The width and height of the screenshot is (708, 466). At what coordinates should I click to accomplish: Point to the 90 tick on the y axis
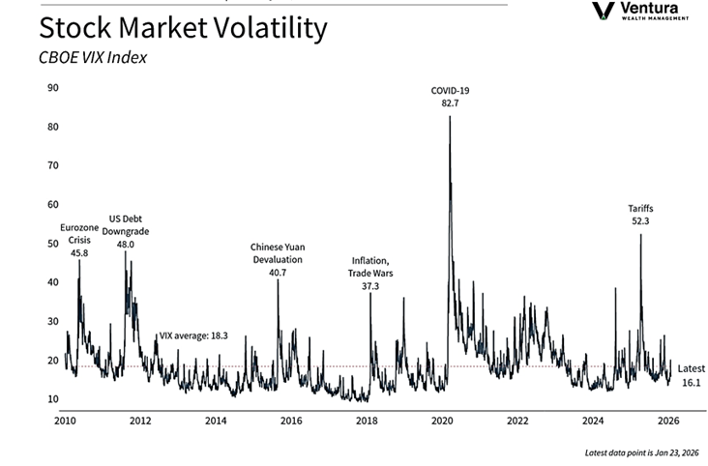tap(53, 88)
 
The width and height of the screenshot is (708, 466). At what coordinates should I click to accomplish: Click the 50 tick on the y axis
tap(53, 244)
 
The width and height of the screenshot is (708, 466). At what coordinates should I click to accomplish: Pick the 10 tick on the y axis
tap(53, 399)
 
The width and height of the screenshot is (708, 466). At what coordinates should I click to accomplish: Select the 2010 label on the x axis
tap(65, 422)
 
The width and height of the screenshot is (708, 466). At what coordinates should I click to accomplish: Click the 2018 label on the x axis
tap(367, 422)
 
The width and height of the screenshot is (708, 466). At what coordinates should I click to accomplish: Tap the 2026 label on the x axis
tap(668, 422)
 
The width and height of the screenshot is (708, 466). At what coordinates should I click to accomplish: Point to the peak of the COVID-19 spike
tap(450, 116)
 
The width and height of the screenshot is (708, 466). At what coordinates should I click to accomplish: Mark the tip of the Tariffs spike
tap(640, 235)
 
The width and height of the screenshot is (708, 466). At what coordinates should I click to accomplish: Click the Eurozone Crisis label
tap(79, 240)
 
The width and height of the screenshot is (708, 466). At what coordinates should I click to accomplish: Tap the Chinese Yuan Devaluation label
tap(277, 259)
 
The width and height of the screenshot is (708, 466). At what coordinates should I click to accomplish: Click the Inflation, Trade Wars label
tap(369, 273)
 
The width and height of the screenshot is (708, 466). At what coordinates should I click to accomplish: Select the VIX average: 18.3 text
tap(192, 335)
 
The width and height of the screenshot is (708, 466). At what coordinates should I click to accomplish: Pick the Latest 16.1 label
tap(691, 376)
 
